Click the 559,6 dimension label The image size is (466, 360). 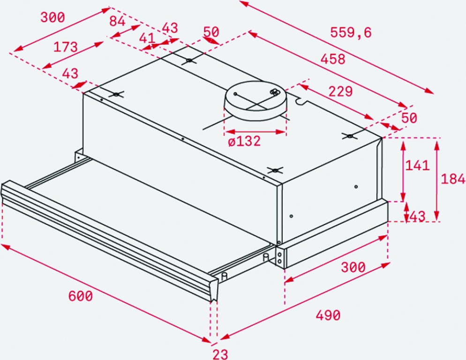click(x=351, y=32)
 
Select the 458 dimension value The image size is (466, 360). click(x=333, y=59)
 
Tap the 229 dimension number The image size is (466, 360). click(x=340, y=91)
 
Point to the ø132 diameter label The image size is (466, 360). click(x=244, y=141)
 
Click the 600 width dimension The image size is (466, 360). click(x=81, y=296)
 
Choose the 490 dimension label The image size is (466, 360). click(x=328, y=315)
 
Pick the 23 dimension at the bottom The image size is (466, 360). click(x=220, y=354)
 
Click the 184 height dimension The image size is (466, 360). click(x=452, y=179)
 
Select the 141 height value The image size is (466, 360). click(x=418, y=165)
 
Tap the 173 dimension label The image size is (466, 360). click(x=65, y=47)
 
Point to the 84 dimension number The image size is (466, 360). click(x=117, y=22)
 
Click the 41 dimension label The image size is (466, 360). click(x=147, y=38)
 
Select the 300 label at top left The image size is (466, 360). click(x=53, y=17)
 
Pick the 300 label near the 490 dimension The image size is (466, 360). click(x=353, y=268)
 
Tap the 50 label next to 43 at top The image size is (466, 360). click(x=211, y=31)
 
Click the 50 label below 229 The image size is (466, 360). click(x=409, y=118)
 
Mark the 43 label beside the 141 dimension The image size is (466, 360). click(x=418, y=216)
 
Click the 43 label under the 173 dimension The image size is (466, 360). click(x=70, y=74)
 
